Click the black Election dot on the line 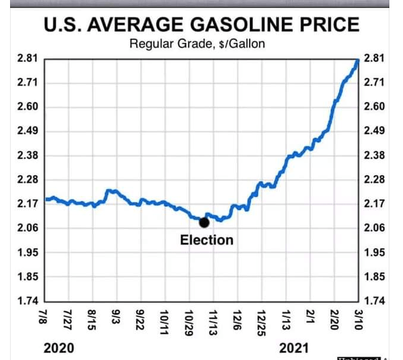point(204,222)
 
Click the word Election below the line point(207,240)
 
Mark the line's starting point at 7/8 point(46,199)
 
